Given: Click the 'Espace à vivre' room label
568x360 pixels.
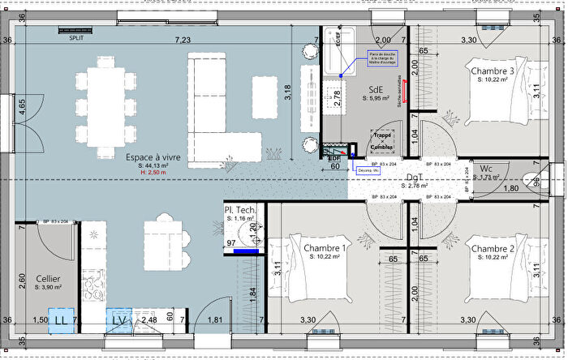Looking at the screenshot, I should tap(153, 156).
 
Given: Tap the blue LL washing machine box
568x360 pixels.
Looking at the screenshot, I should tap(61, 321).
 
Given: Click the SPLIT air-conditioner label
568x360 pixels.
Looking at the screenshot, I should tap(78, 38).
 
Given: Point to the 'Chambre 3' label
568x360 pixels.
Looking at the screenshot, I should tap(492, 71).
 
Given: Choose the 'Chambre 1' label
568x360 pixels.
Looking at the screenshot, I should tap(325, 247).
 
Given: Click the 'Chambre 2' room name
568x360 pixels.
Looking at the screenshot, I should tap(492, 248).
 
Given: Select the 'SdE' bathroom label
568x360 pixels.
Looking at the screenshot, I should tap(376, 89).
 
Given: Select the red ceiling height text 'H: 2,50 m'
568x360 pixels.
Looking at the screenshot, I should tap(153, 173).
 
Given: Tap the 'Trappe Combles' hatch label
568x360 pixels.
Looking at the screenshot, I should tap(381, 141).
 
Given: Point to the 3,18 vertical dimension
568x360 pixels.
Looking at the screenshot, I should tap(287, 92).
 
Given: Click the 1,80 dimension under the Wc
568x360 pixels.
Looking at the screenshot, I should tap(512, 189).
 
